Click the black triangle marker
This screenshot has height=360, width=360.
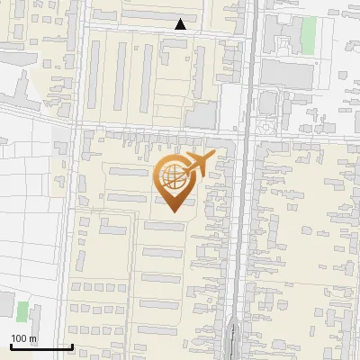tap(181, 24)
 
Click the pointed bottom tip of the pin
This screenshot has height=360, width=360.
tap(175, 211)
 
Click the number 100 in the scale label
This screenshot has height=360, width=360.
tap(19, 338)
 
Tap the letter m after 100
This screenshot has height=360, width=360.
tap(32, 338)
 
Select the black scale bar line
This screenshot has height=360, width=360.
tap(41, 346)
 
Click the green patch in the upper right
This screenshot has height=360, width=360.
tap(309, 33)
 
